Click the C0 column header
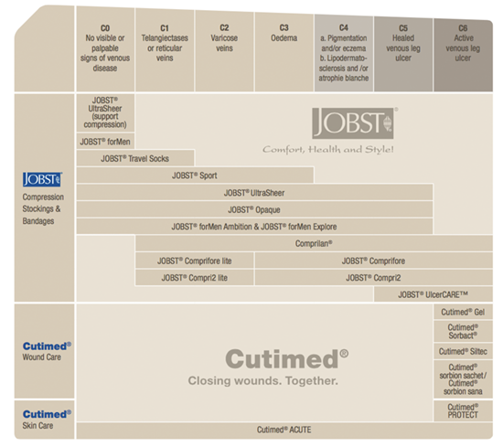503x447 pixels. tap(105, 48)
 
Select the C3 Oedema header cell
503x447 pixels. tap(284, 51)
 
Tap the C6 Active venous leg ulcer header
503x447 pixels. tap(463, 55)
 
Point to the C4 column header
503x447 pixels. tap(344, 53)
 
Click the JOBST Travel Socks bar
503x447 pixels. tap(135, 158)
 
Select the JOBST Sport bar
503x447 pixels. tap(195, 176)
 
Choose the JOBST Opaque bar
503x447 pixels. tap(254, 209)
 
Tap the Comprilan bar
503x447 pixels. tap(314, 244)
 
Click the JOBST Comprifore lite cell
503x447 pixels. tap(195, 261)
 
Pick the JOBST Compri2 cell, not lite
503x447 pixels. tap(374, 278)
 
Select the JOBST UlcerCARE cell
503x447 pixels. tap(433, 294)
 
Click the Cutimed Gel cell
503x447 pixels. tap(463, 312)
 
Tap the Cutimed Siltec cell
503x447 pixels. tap(463, 351)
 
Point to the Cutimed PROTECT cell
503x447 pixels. tap(463, 410)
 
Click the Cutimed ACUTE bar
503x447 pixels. tap(284, 430)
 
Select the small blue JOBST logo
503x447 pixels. tap(42, 179)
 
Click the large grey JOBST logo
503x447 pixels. tap(353, 123)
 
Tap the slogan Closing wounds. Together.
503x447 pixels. tap(263, 380)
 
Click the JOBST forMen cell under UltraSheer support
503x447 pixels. tap(105, 142)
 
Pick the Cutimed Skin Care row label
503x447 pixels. tap(47, 420)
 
